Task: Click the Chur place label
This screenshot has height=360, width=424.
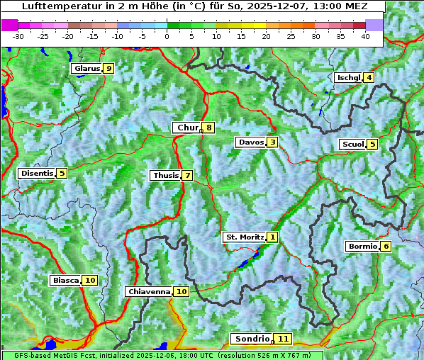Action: pyautogui.click(x=187, y=128)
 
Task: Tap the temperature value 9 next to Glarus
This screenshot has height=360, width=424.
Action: pyautogui.click(x=108, y=69)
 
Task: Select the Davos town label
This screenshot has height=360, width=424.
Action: pyautogui.click(x=251, y=142)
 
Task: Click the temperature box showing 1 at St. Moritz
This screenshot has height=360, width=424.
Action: pyautogui.click(x=273, y=237)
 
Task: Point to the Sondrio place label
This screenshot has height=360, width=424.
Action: pyautogui.click(x=252, y=339)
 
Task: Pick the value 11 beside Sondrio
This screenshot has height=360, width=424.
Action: pyautogui.click(x=283, y=339)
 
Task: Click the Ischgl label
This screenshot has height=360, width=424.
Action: pyautogui.click(x=349, y=77)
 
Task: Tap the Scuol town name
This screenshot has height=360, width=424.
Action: pyautogui.click(x=352, y=145)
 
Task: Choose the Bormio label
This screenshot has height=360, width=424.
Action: pyautogui.click(x=362, y=247)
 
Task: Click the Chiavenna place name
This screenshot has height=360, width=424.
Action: pyautogui.click(x=149, y=291)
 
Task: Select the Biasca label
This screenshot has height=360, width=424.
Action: pyautogui.click(x=65, y=281)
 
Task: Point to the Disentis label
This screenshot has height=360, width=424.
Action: pyautogui.click(x=37, y=173)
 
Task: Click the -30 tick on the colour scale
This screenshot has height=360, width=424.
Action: pyautogui.click(x=18, y=36)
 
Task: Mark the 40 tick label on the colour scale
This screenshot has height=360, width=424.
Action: pyautogui.click(x=365, y=36)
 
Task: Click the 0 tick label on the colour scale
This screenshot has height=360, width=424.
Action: pyautogui.click(x=167, y=36)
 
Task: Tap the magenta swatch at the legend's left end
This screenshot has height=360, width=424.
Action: pyautogui.click(x=10, y=25)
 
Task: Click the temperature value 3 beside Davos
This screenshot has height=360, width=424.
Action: pyautogui.click(x=272, y=142)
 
